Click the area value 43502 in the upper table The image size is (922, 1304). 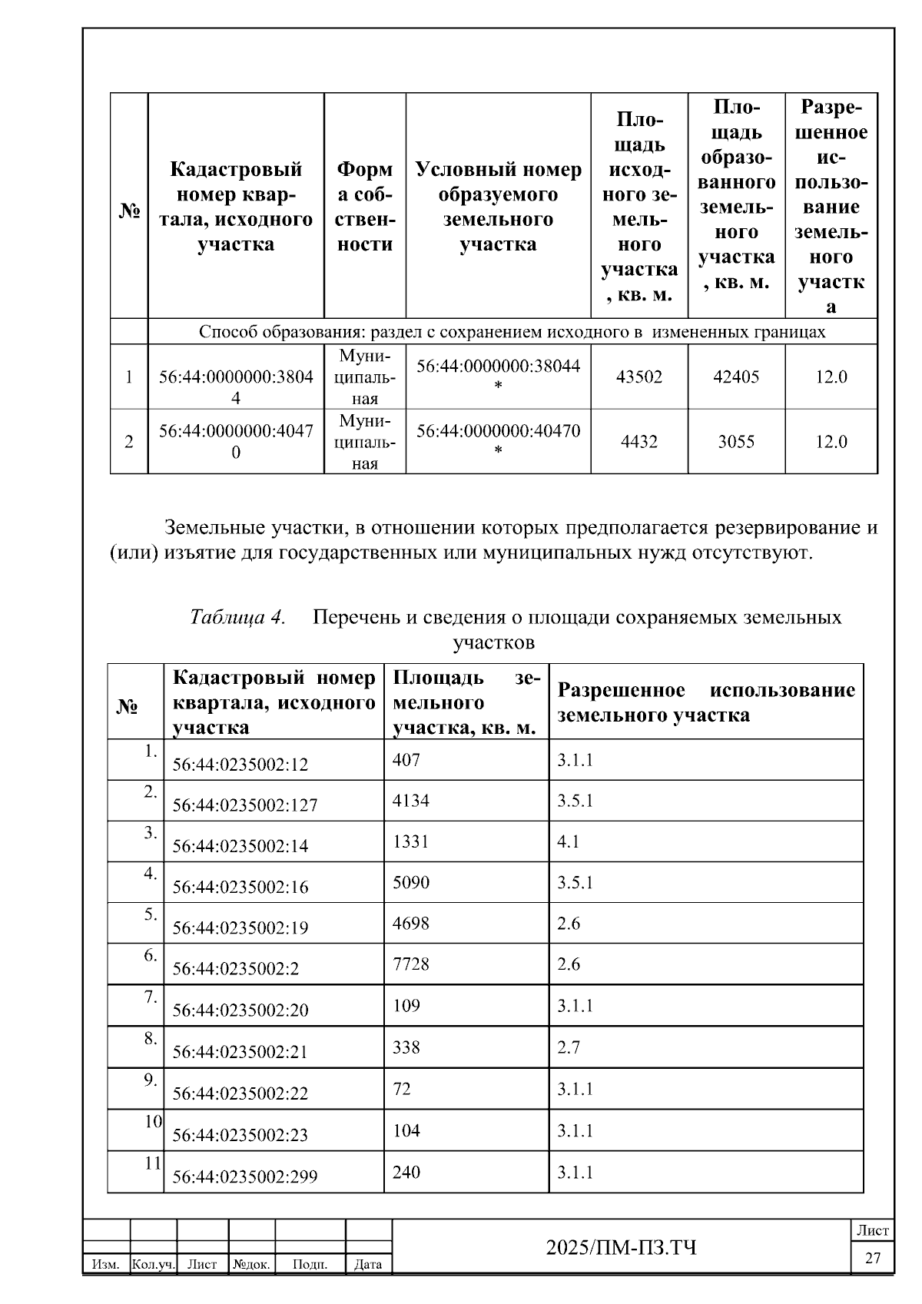tap(638, 377)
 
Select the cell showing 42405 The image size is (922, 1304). tap(735, 377)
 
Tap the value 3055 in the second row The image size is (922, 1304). tap(735, 442)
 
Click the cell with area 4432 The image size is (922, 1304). tap(638, 442)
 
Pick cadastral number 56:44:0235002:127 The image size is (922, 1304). tap(244, 805)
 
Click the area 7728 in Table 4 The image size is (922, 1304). tap(410, 964)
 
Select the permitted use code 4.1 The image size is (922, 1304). tap(568, 841)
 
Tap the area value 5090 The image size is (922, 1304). tap(410, 882)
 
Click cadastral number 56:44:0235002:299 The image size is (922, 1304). tap(244, 1176)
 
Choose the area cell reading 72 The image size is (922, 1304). tap(401, 1089)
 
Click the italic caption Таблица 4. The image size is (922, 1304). tap(237, 617)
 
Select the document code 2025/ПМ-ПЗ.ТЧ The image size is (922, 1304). tap(621, 1247)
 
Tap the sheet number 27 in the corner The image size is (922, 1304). tap(873, 1259)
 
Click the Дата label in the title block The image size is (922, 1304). tap(368, 1264)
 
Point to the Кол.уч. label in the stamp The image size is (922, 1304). tap(154, 1264)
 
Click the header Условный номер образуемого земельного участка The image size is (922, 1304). tap(498, 207)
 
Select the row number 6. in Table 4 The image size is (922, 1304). tap(150, 955)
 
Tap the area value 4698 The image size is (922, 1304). tap(410, 923)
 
